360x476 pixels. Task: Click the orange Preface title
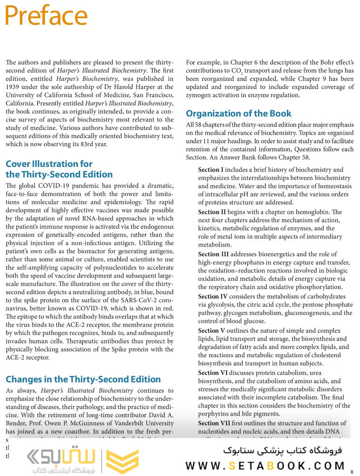coord(46,16)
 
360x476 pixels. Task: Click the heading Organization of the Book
coord(238,114)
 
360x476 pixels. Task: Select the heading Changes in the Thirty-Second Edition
coord(83,379)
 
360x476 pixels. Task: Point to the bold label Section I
coord(211,170)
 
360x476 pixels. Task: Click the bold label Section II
coord(212,212)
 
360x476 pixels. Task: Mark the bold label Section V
coord(212,331)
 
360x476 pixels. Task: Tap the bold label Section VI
coord(213,373)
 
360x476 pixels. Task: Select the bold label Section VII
coord(215,423)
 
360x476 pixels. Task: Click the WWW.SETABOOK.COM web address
coord(265,466)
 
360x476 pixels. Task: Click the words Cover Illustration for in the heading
coord(49,164)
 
